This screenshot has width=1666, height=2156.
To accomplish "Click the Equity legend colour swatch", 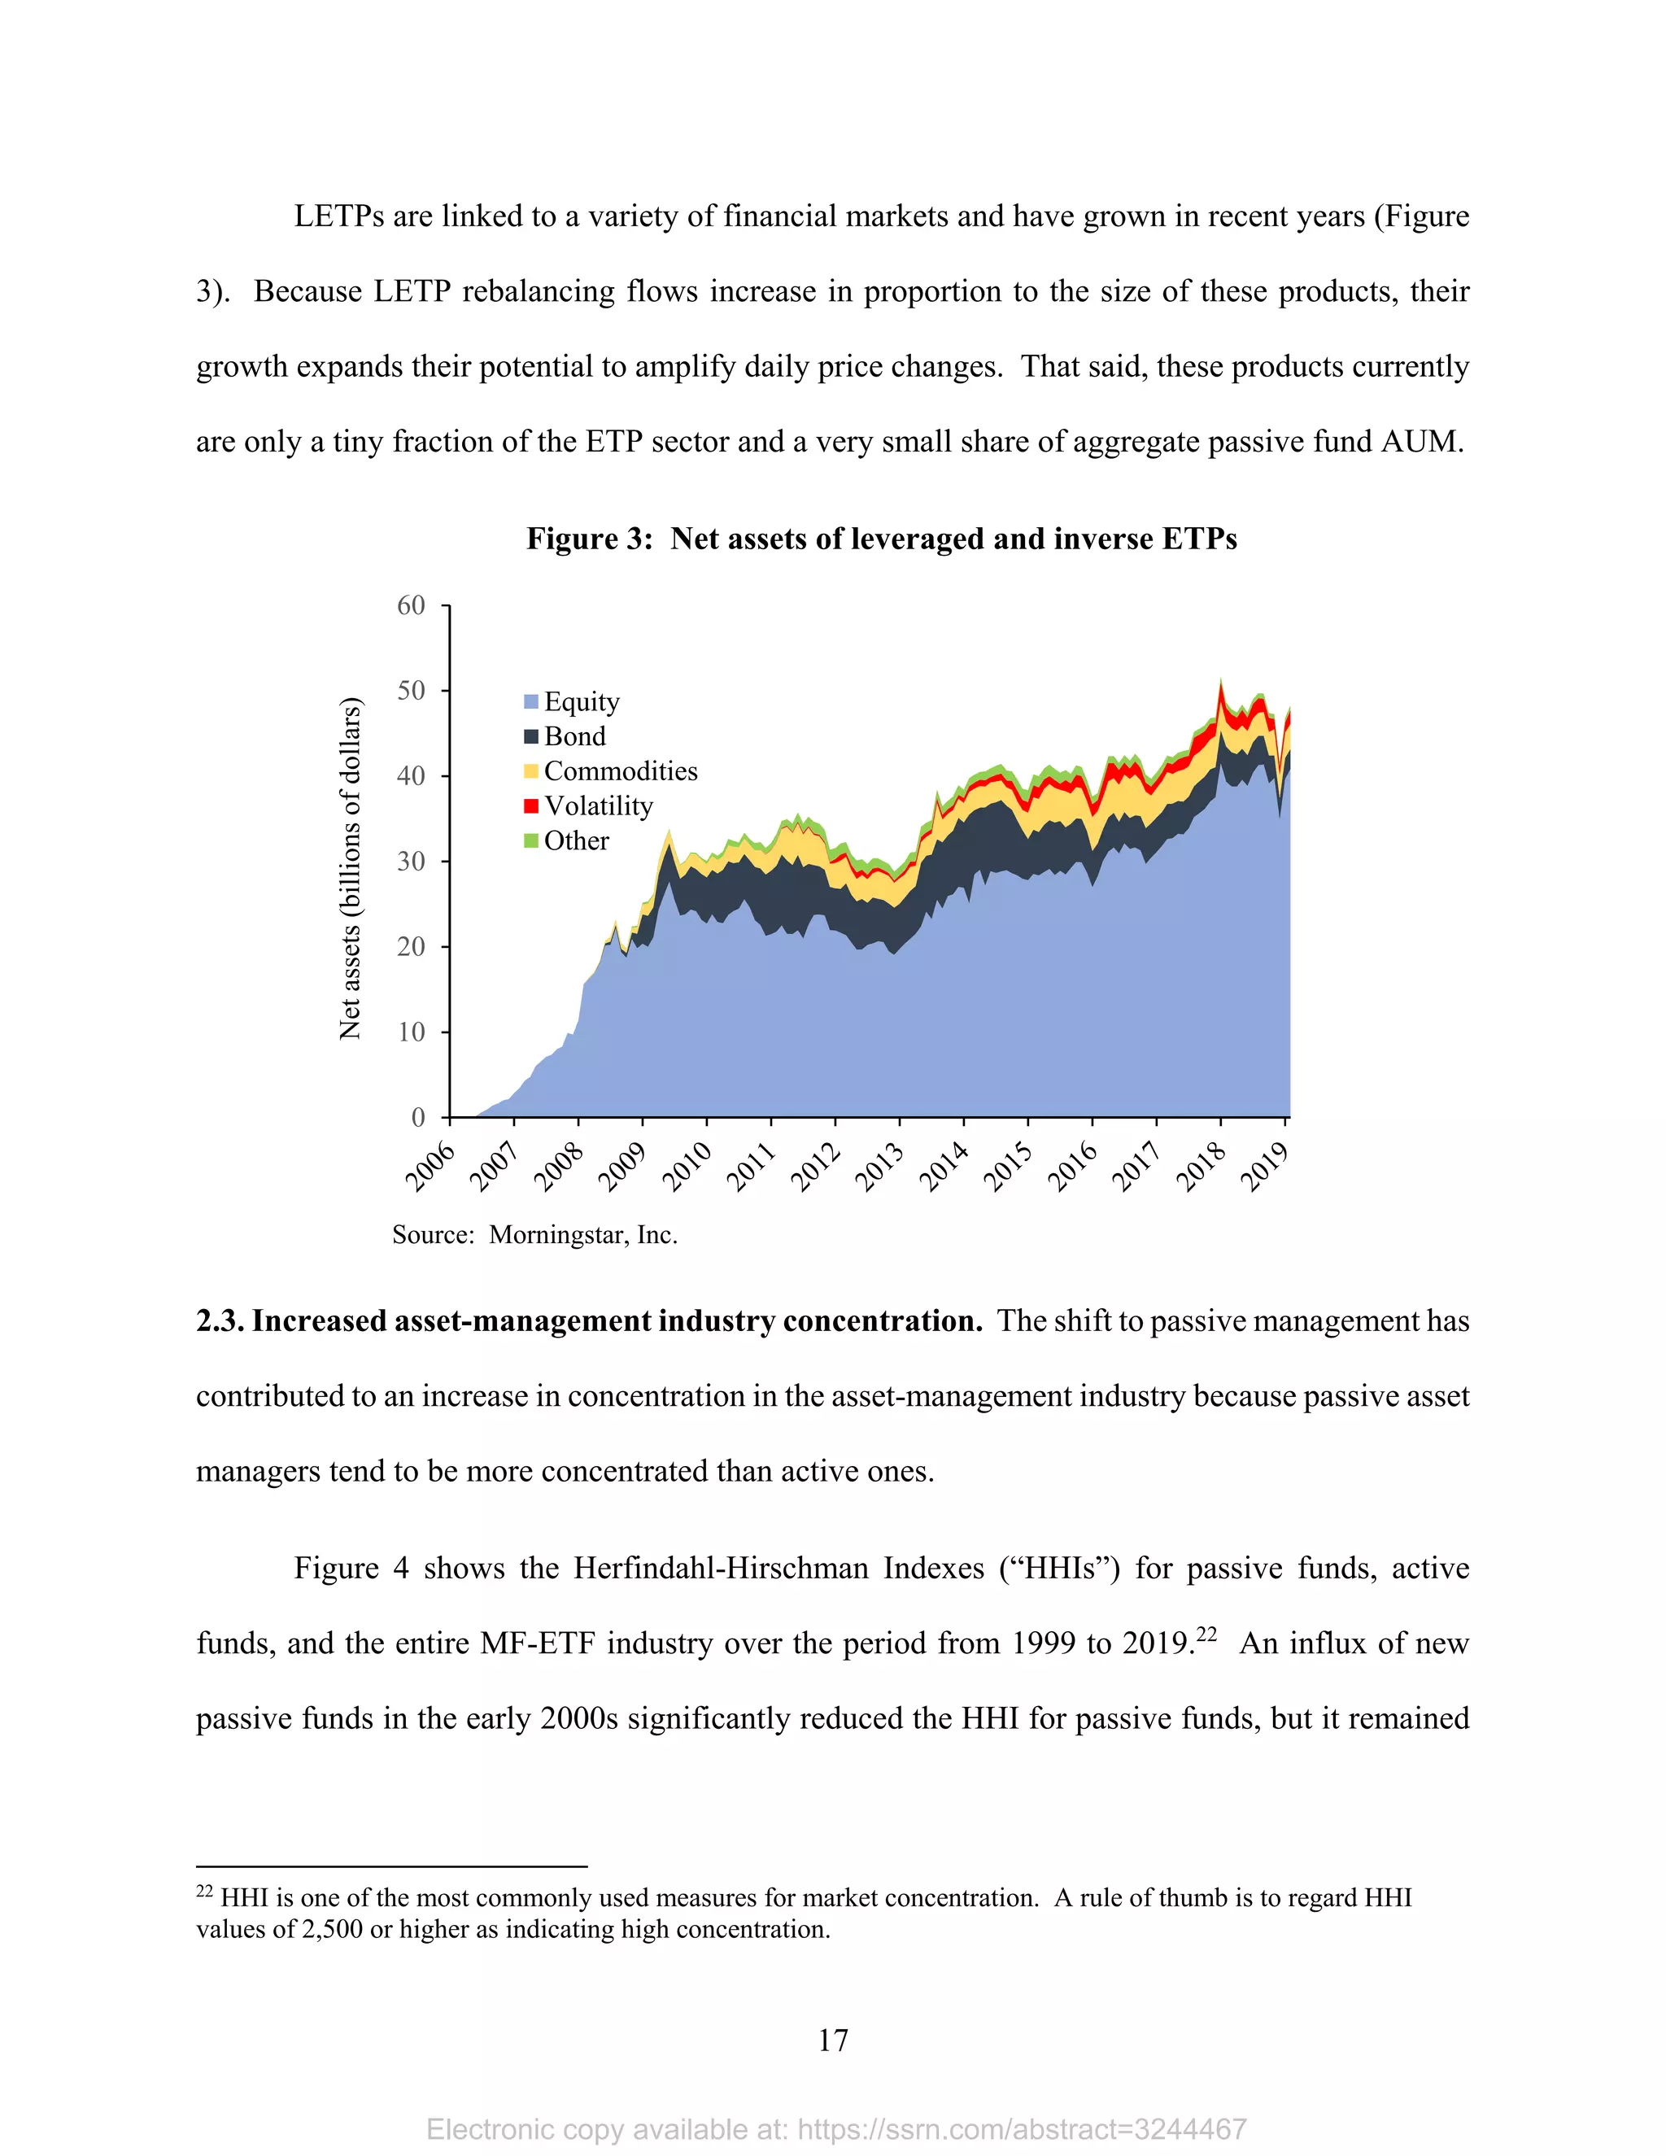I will click(531, 702).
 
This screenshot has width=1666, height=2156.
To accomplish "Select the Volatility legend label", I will click(598, 806).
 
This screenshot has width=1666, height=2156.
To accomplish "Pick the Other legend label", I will click(577, 841).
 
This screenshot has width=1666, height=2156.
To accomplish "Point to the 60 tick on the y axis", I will click(412, 605).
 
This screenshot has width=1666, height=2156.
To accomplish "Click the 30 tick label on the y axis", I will click(412, 861).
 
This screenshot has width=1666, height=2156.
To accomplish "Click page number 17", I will click(832, 2040).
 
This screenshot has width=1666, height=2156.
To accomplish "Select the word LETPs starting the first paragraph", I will click(338, 216).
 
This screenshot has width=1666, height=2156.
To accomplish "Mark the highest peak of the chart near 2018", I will click(1221, 681).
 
